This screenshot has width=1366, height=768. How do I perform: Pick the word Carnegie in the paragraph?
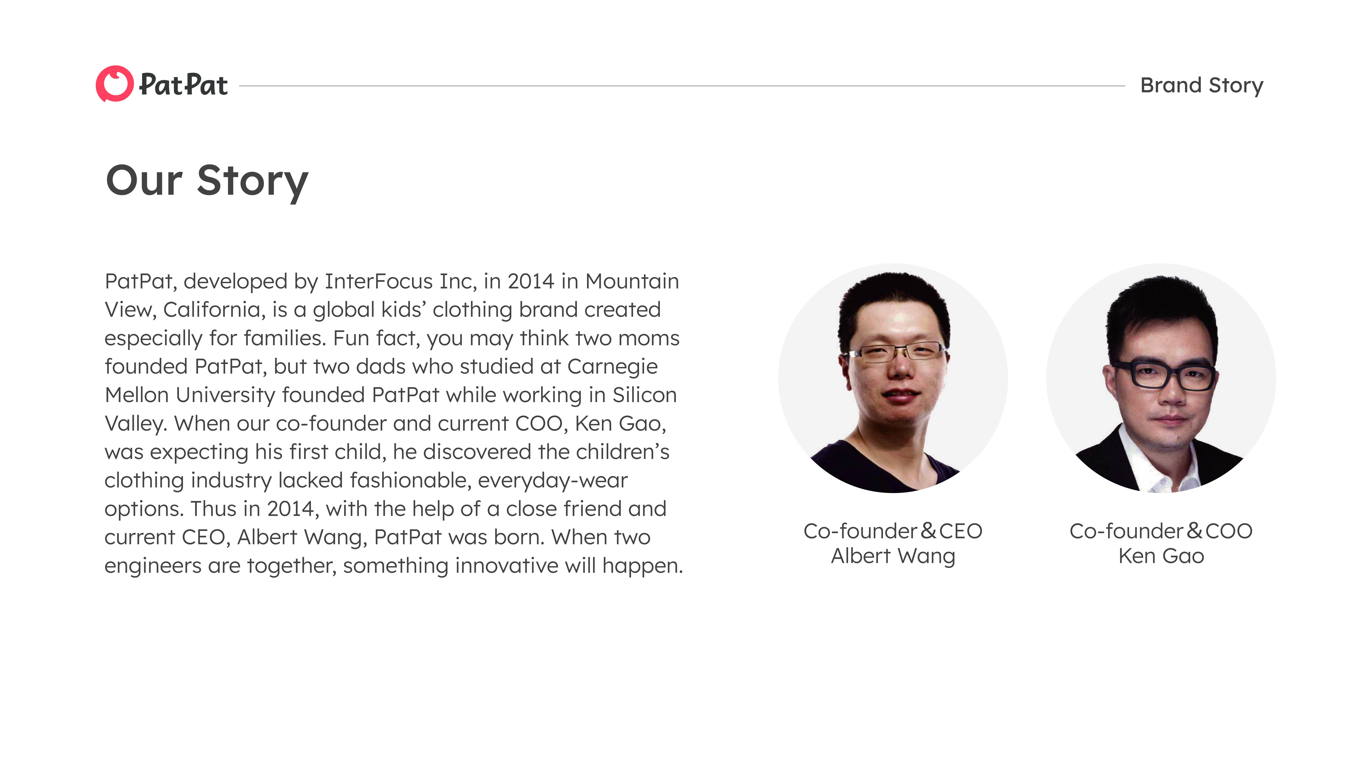pyautogui.click(x=612, y=367)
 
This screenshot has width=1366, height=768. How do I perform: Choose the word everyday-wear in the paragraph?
pyautogui.click(x=553, y=481)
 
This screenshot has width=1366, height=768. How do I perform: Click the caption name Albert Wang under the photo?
pyautogui.click(x=893, y=556)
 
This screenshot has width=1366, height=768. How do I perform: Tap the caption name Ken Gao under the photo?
pyautogui.click(x=1161, y=556)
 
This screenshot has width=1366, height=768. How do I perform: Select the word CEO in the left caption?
pyautogui.click(x=960, y=531)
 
